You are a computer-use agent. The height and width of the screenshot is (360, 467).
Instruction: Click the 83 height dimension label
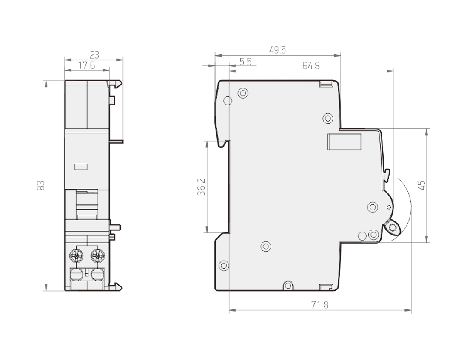(x=41, y=185)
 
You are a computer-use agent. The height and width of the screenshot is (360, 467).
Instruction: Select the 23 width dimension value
(x=94, y=55)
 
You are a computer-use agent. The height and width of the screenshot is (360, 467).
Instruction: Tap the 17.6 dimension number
(x=87, y=65)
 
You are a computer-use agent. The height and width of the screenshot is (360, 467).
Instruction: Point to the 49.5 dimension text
(x=278, y=50)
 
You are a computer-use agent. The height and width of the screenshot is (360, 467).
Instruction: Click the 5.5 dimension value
(x=246, y=62)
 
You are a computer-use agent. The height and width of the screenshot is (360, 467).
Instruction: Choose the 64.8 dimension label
(x=311, y=66)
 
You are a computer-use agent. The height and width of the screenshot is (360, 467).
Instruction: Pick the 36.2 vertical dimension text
(x=202, y=187)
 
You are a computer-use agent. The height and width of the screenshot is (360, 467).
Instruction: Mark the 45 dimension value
(x=421, y=185)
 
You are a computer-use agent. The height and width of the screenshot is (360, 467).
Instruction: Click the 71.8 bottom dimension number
(x=320, y=305)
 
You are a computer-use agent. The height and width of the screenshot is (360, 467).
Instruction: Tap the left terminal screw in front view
(x=77, y=255)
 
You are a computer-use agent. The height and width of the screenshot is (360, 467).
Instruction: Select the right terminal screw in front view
(x=97, y=255)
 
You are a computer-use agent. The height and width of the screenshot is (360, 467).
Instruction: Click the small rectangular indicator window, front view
(x=81, y=167)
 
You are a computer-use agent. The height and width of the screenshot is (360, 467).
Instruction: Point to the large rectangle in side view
(x=344, y=142)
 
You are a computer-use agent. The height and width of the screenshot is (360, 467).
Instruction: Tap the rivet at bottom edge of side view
(x=288, y=286)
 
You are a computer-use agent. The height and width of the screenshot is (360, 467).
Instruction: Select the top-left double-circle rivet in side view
(x=243, y=94)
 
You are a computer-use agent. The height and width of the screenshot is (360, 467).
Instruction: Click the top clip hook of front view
(x=116, y=84)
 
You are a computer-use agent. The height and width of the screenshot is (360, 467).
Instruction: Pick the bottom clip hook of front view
(x=116, y=287)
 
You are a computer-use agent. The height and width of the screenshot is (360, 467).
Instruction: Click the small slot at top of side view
(x=326, y=84)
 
